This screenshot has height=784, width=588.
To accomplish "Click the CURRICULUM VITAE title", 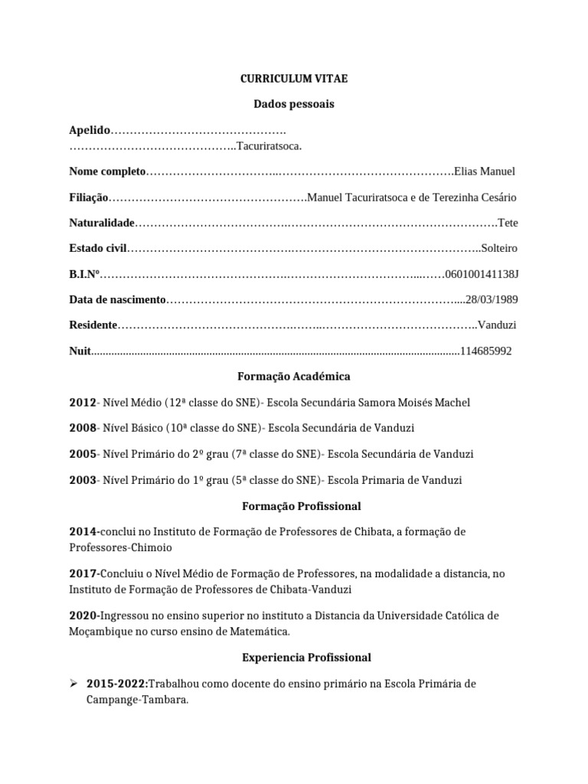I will pyautogui.click(x=294, y=78).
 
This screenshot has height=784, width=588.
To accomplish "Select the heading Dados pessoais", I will pyautogui.click(x=294, y=103).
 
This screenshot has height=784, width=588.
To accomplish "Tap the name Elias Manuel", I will pyautogui.click(x=485, y=171).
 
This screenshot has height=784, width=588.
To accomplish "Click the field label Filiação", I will pyautogui.click(x=89, y=198).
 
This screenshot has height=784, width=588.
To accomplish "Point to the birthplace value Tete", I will pyautogui.click(x=507, y=223).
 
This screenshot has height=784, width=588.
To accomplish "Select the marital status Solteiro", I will pyautogui.click(x=498, y=248).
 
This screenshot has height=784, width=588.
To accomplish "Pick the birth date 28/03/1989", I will pyautogui.click(x=492, y=299).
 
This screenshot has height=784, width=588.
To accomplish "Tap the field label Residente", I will pyautogui.click(x=93, y=325).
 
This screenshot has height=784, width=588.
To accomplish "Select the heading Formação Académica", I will pyautogui.click(x=294, y=377).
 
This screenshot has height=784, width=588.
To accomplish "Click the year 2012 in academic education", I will pyautogui.click(x=83, y=403).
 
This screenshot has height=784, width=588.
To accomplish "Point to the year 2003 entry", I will pyautogui.click(x=83, y=480).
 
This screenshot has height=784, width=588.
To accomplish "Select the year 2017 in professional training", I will pyautogui.click(x=83, y=573).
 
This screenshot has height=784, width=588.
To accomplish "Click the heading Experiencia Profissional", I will pyautogui.click(x=294, y=658).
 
